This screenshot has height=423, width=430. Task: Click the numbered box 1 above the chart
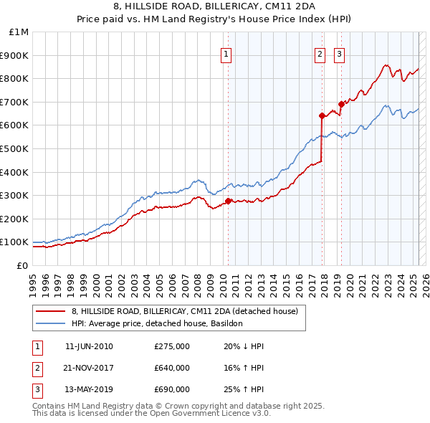coord(226,53)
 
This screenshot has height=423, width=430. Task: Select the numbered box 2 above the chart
coord(320,53)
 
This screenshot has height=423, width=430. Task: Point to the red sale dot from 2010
coord(228,201)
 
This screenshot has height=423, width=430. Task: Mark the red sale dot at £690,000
coord(341,104)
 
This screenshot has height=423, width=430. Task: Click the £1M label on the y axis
coord(19,32)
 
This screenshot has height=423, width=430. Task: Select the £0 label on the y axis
coord(22,265)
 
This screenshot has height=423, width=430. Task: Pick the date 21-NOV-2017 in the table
coord(89,368)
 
